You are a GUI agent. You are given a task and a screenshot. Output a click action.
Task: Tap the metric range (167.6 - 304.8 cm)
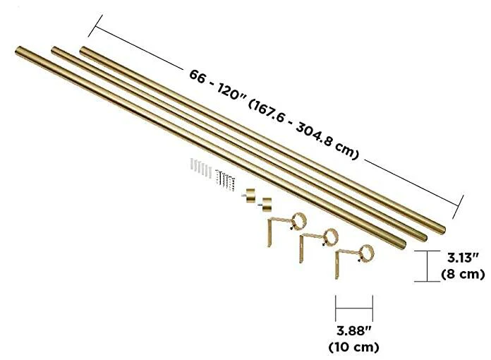(x=303, y=130)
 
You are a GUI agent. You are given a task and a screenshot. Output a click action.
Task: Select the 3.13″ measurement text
(x=463, y=258)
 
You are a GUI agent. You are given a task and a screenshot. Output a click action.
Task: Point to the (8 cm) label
(x=463, y=274)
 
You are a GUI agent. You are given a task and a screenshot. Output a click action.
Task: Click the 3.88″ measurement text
(x=354, y=331)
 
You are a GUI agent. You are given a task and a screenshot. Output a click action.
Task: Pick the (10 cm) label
(x=354, y=347)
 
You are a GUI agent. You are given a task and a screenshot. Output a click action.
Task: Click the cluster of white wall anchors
(x=201, y=167)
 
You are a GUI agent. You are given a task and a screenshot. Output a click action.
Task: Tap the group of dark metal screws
(x=225, y=180)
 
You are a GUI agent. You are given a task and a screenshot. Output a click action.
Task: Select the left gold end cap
(x=250, y=196)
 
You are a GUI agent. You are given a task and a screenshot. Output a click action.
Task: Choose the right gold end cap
(x=266, y=204)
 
